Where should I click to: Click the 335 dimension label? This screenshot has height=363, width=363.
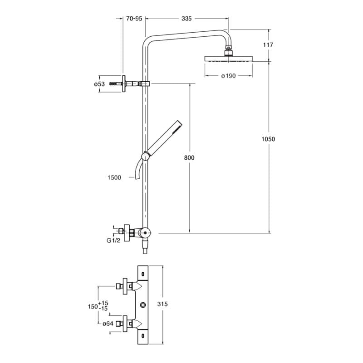(x=186, y=19)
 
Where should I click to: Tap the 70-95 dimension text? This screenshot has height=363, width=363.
(x=134, y=19)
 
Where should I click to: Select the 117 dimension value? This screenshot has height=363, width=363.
(x=268, y=45)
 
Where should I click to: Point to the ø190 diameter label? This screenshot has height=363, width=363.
(x=228, y=76)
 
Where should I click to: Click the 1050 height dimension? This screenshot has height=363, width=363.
(x=268, y=139)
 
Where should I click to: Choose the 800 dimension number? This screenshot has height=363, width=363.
(x=189, y=157)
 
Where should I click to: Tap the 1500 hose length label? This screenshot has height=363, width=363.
(x=115, y=177)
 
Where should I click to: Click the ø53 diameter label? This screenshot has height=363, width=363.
(x=99, y=84)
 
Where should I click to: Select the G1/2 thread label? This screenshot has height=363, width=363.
(x=113, y=240)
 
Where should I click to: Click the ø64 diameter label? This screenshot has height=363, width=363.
(x=108, y=324)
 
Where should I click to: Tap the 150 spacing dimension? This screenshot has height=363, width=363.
(x=93, y=306)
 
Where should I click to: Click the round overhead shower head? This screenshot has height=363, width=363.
(x=229, y=59)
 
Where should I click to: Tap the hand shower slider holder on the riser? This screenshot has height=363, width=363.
(x=145, y=156)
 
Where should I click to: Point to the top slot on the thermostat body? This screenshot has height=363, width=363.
(x=143, y=274)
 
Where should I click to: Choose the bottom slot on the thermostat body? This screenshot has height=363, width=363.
(x=143, y=335)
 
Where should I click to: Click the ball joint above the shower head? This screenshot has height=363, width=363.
(x=229, y=49)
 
